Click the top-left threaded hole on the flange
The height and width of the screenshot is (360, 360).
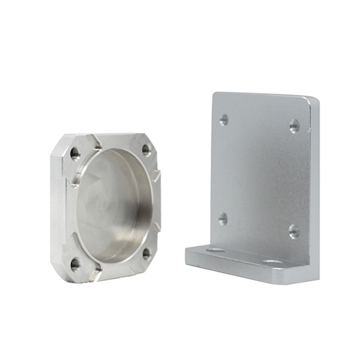coord(75,154)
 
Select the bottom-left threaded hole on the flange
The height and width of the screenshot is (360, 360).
coord(75,264)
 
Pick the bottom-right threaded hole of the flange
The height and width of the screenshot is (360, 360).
coord(146,252)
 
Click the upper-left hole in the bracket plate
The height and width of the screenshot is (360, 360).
coord(224,120)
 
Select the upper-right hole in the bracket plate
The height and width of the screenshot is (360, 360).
coord(295,126)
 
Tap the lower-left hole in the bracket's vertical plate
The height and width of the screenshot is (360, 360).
coord(223,219)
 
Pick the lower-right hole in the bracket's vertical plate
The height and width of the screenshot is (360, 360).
coord(294,231)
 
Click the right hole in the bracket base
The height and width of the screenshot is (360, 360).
coord(272,262)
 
